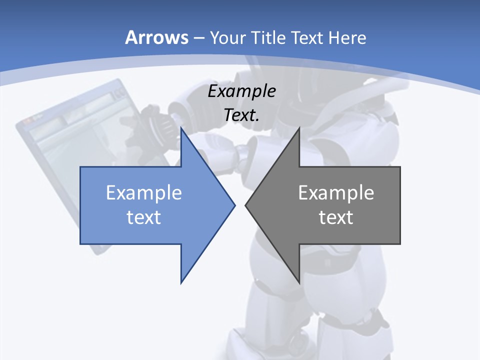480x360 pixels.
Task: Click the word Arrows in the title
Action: pos(157,37)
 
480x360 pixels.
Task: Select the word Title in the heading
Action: pos(268,37)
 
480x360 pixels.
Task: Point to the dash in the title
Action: pos(198,38)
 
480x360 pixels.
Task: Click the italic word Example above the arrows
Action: pos(241,91)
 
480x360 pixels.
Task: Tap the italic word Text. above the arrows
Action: pos(242,115)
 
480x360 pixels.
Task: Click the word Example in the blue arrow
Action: pos(144,192)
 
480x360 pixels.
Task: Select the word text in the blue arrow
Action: pos(144,217)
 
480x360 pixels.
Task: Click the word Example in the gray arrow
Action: pos(336,192)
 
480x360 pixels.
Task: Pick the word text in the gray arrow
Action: pos(336,217)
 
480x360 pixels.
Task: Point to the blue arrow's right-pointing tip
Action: pos(234,204)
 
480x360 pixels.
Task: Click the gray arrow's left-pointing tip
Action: pos(246,204)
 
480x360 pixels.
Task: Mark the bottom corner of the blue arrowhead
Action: pos(181,282)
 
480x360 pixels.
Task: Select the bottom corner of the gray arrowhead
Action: pos(299,282)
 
